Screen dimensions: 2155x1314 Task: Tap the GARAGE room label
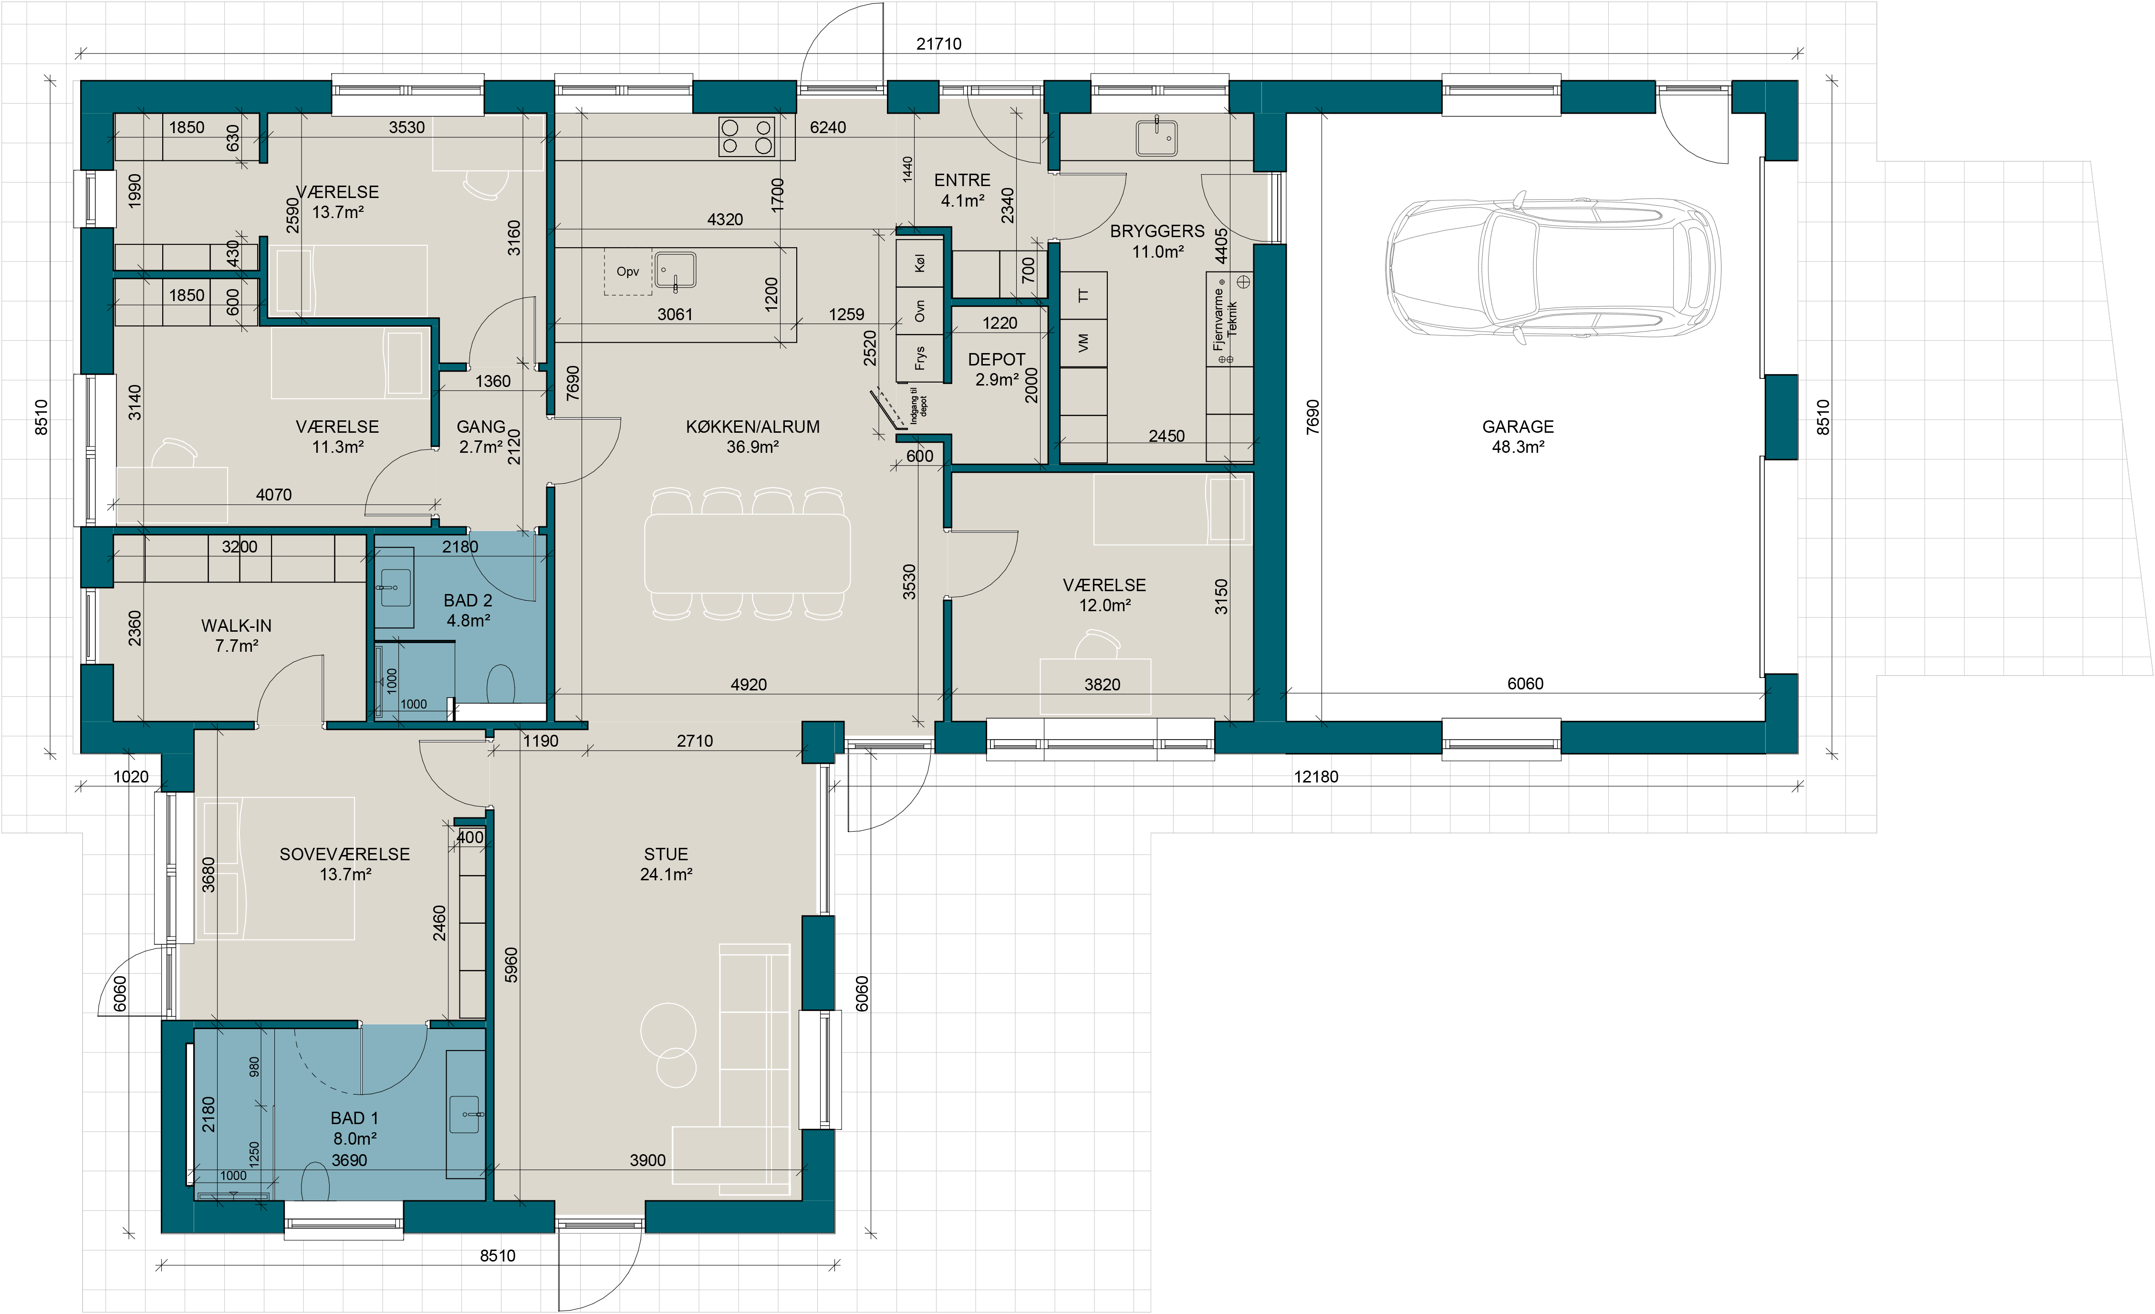1518,427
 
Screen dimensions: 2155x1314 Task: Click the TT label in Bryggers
1083,296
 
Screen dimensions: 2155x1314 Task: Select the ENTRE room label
962,180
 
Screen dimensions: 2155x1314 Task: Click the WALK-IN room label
236,626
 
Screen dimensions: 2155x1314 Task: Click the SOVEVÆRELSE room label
344,854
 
